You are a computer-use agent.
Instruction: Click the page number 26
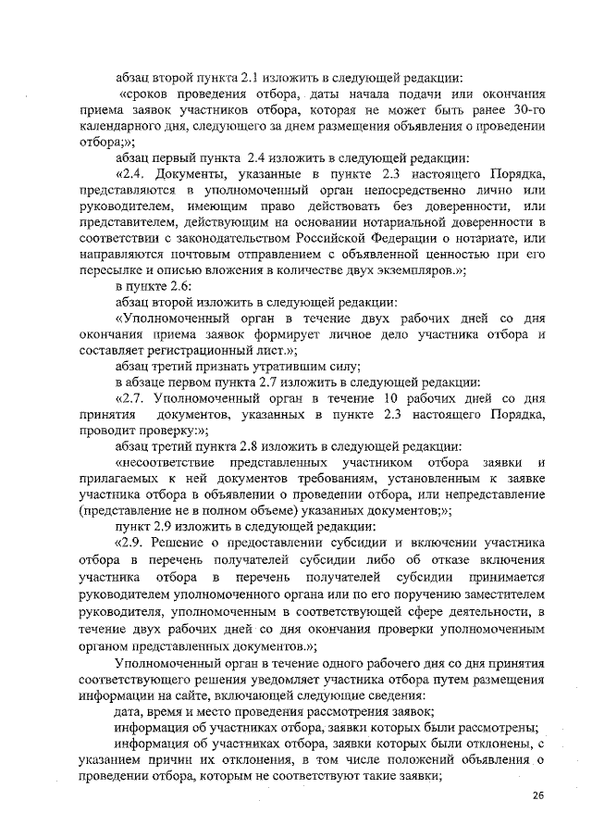click(539, 795)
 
